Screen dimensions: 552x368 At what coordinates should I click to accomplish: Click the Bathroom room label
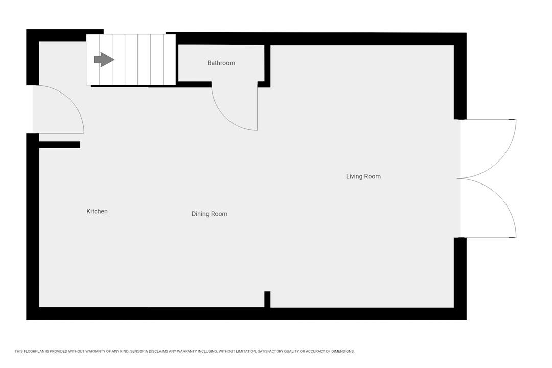pos(221,63)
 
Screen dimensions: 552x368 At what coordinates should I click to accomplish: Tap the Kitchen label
pos(97,211)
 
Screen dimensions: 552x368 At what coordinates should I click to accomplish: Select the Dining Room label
pos(210,214)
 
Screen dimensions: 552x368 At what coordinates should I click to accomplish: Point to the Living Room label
pos(363,176)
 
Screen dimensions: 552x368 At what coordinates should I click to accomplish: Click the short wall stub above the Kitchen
pos(59,144)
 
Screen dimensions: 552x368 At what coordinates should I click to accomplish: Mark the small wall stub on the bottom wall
pos(267,300)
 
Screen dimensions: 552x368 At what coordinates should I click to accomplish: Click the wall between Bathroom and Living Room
pos(267,66)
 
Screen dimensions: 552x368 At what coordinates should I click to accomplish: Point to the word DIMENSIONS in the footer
pos(343,351)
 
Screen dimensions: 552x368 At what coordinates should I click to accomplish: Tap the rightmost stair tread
pos(169,59)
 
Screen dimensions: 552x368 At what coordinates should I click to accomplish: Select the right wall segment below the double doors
pos(460,278)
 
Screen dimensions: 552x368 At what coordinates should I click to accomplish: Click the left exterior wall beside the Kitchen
pos(32,227)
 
